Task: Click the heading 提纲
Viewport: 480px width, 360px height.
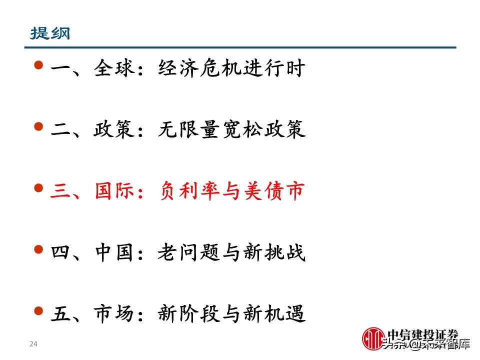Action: pos(50,33)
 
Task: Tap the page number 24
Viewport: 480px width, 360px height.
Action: pos(34,343)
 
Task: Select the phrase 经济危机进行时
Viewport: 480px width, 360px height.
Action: pos(231,69)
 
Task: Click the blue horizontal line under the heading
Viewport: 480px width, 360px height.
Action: pos(240,47)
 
